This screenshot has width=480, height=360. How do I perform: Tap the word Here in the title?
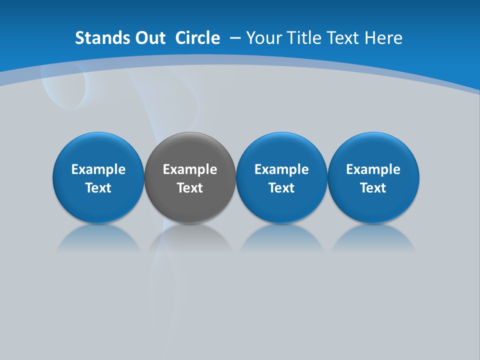pos(383,38)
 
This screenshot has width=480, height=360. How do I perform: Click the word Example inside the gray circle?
pos(190,169)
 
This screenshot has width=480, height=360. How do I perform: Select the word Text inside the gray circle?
pos(190,188)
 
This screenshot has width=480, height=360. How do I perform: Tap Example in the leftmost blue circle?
pos(98,169)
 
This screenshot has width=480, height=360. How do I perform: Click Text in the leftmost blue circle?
pos(98,188)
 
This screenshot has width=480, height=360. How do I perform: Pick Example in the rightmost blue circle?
pos(373,169)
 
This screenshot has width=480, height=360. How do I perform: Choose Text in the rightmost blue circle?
pos(373,188)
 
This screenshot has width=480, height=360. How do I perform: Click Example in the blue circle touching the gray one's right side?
pos(281,169)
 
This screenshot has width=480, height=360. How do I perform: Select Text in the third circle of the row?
pos(281,188)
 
